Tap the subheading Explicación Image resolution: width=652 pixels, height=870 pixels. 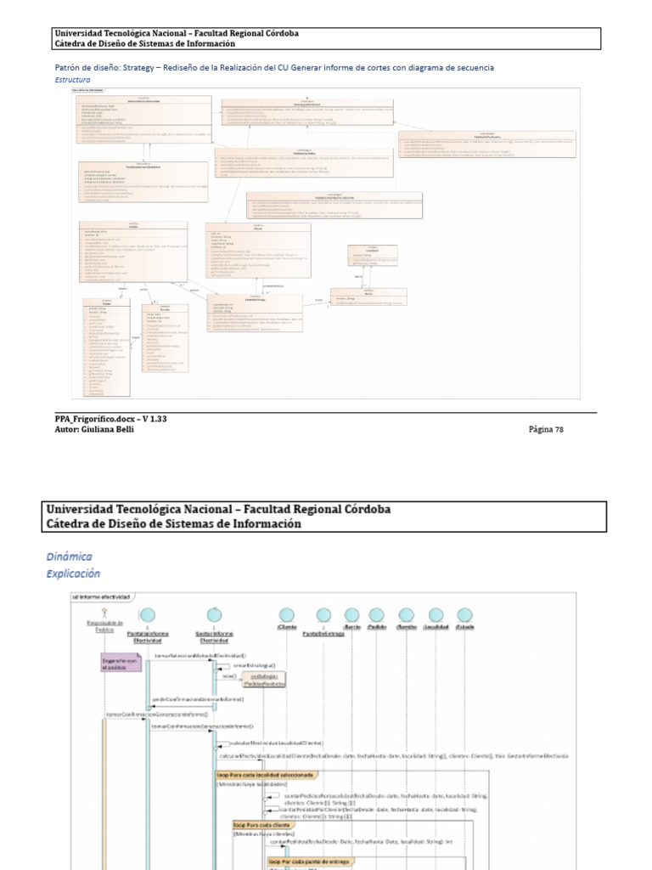pyautogui.click(x=74, y=574)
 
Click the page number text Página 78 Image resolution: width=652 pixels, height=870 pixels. pyautogui.click(x=546, y=430)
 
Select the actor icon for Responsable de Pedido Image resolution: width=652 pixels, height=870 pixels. pyautogui.click(x=103, y=613)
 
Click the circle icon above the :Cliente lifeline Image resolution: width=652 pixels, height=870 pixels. pyautogui.click(x=287, y=614)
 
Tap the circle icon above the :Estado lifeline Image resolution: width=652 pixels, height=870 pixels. pyautogui.click(x=464, y=614)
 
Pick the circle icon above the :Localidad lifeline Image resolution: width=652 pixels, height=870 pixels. pyautogui.click(x=436, y=614)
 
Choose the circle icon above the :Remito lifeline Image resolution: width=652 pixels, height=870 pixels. pyautogui.click(x=407, y=614)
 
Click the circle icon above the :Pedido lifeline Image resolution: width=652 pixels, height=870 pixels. pyautogui.click(x=378, y=614)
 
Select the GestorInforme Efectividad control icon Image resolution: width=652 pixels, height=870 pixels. pyautogui.click(x=215, y=613)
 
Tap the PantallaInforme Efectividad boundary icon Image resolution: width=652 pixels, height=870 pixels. pyautogui.click(x=147, y=614)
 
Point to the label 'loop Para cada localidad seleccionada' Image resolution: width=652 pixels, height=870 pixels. pyautogui.click(x=267, y=775)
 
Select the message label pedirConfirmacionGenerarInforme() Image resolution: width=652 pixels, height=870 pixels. pyautogui.click(x=197, y=699)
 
